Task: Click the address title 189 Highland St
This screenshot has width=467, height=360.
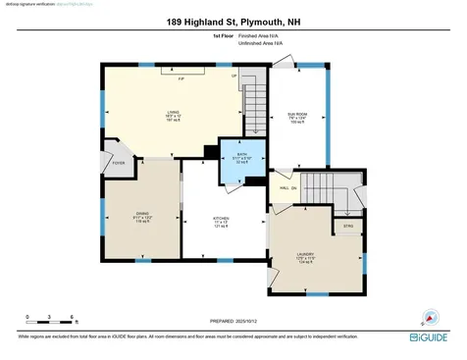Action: pyautogui.click(x=233, y=20)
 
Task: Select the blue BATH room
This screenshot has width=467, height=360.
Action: pyautogui.click(x=239, y=158)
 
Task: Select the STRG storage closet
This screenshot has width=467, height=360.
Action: pyautogui.click(x=347, y=225)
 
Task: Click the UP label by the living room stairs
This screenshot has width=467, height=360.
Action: pyautogui.click(x=233, y=77)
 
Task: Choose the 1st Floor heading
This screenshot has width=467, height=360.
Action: pyautogui.click(x=223, y=35)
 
